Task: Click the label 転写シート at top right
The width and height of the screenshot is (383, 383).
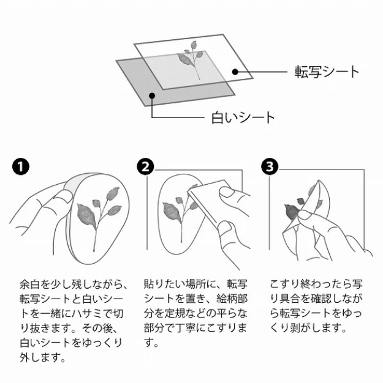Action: tap(326, 72)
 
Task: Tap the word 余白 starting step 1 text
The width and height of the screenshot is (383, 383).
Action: tap(28, 284)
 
